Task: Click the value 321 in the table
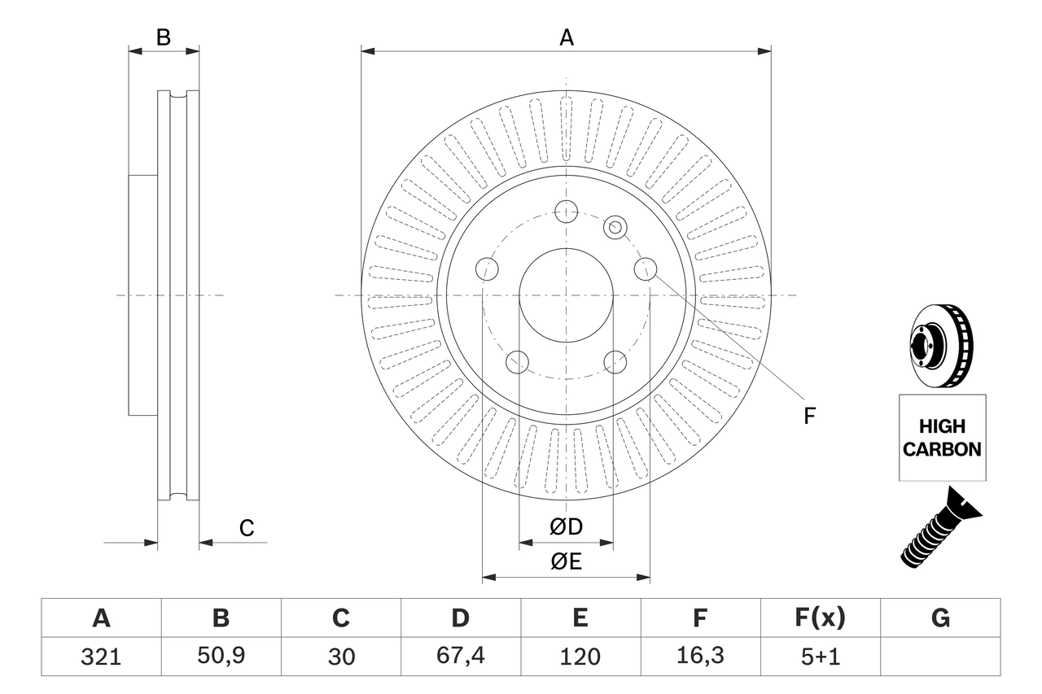pyautogui.click(x=101, y=657)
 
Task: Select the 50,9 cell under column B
pyautogui.click(x=221, y=657)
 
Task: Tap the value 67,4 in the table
pyautogui.click(x=460, y=657)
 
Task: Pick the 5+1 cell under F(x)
pyautogui.click(x=820, y=657)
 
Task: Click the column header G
pyautogui.click(x=940, y=618)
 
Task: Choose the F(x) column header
pyautogui.click(x=820, y=618)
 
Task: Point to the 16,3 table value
pyautogui.click(x=699, y=657)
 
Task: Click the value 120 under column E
pyautogui.click(x=580, y=657)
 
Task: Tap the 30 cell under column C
pyautogui.click(x=340, y=657)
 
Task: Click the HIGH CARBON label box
pyautogui.click(x=942, y=438)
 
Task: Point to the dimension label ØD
pyautogui.click(x=567, y=527)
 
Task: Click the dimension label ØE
pyautogui.click(x=567, y=561)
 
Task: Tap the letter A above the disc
pyautogui.click(x=567, y=37)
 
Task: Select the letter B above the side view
pyautogui.click(x=164, y=37)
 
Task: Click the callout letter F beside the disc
pyautogui.click(x=809, y=417)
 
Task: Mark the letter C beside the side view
pyautogui.click(x=247, y=528)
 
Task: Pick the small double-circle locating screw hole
pyautogui.click(x=615, y=228)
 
